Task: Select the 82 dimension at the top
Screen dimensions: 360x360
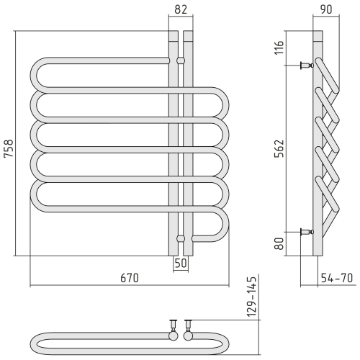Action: tap(180, 9)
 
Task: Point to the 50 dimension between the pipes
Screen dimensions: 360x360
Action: tap(180, 264)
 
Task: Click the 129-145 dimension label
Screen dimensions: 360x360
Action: tap(251, 297)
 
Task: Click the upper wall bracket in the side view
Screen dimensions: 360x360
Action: tap(307, 66)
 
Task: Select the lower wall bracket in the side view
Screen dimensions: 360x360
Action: tap(307, 231)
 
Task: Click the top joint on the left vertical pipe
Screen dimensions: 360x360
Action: tap(173, 60)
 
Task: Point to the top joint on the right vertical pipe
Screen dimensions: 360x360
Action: tap(188, 60)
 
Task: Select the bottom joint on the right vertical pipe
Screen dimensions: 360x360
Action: tap(188, 238)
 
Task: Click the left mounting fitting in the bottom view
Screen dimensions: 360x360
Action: tap(173, 323)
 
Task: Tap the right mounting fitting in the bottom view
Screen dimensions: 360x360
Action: tap(189, 323)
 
